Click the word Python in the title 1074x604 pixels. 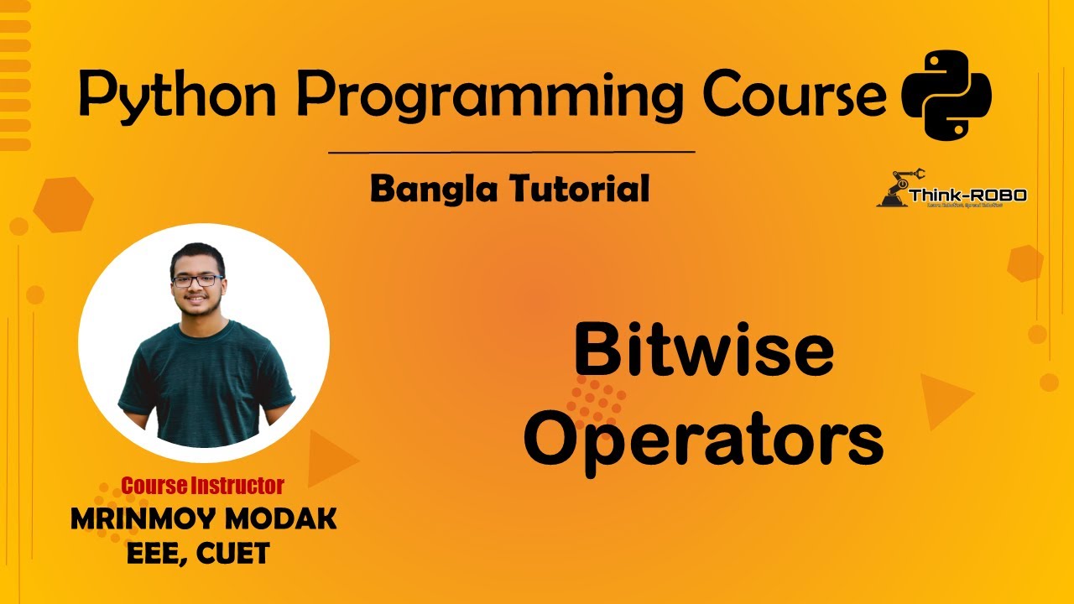pos(177,94)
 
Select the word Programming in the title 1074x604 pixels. pos(490,94)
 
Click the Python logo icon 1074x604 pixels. pos(946,94)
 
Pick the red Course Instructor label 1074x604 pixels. pos(203,485)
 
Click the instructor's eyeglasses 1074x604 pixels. pos(197,280)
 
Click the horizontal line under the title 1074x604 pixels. pos(511,153)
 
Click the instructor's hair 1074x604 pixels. pos(197,256)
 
